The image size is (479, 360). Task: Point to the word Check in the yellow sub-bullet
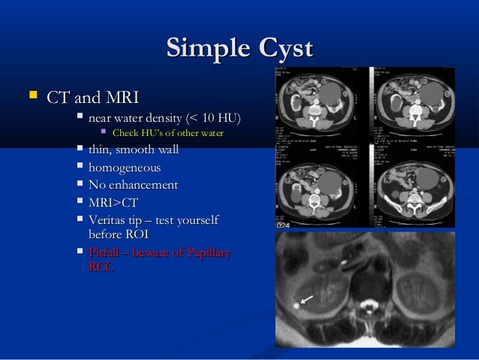(x=125, y=135)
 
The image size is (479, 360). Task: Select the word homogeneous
(x=124, y=168)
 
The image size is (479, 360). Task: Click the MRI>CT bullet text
(x=113, y=202)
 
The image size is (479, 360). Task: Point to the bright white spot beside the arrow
(x=297, y=305)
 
